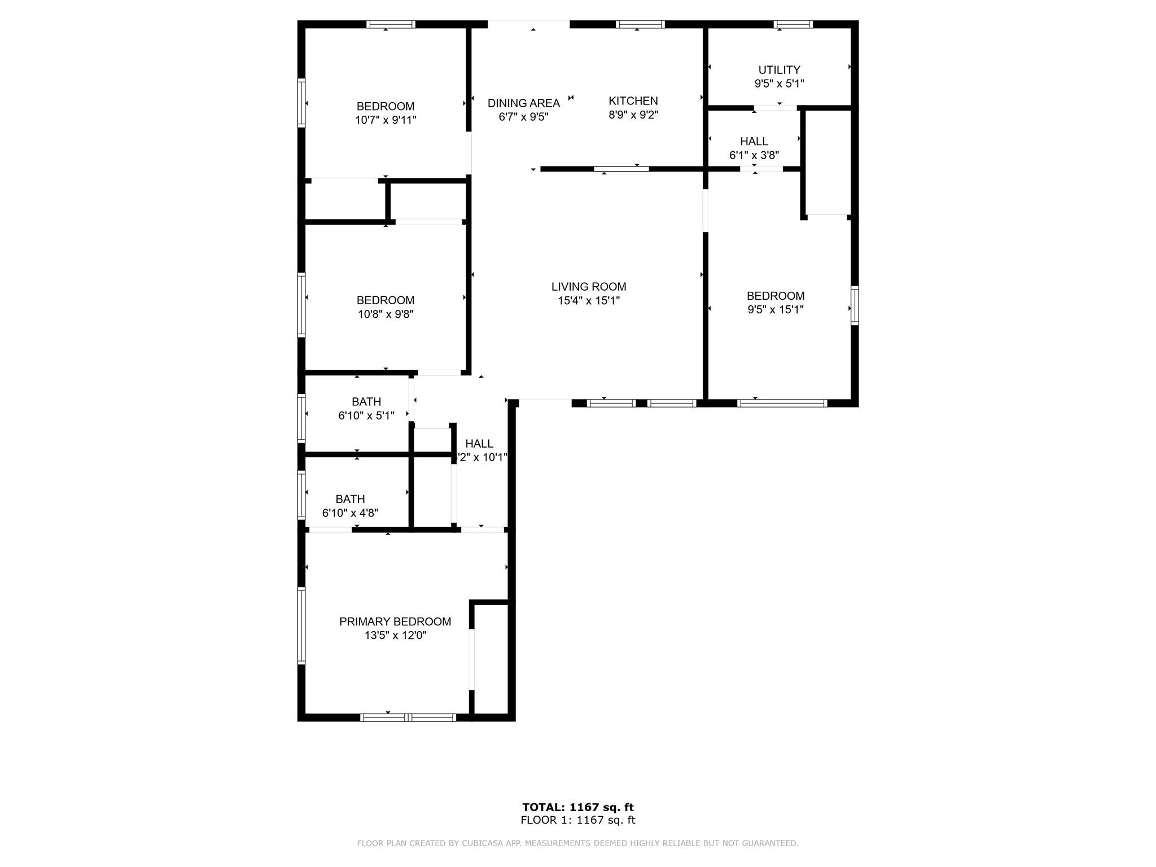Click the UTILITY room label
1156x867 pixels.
779,70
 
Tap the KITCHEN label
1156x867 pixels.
633,101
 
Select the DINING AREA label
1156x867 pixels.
524,103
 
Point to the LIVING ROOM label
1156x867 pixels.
589,287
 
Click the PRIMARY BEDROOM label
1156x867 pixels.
395,621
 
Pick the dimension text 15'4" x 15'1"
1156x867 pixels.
589,301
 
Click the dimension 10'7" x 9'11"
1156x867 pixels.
386,120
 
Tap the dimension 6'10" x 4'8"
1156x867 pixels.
350,513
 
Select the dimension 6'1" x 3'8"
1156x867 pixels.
754,155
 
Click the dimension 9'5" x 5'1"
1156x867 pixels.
779,84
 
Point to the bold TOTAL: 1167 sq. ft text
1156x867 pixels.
578,807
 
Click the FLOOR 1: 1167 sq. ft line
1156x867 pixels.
578,820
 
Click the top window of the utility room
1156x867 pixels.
793,24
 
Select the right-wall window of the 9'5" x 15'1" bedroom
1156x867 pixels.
855,305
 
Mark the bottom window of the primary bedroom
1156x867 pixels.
408,717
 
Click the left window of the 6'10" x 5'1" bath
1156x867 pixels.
301,418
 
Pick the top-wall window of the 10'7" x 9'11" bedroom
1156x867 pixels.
391,24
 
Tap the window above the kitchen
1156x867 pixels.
640,24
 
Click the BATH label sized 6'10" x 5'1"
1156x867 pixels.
366,402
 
